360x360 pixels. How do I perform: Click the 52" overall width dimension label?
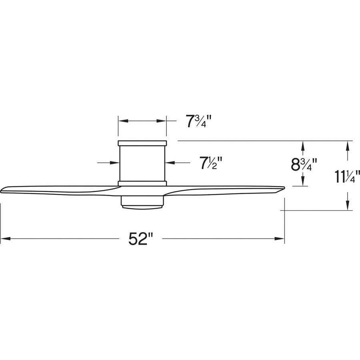coord(141,239)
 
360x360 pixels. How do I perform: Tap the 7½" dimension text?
coord(210,162)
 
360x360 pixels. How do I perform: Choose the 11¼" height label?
coord(347,176)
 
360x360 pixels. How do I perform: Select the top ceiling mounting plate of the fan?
coord(142,142)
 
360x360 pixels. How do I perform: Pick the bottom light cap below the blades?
coord(142,203)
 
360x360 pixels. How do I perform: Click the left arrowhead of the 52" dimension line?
coord(5,239)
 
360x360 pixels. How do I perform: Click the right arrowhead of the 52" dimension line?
coord(280,239)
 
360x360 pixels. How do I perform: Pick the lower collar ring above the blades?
coord(142,183)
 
